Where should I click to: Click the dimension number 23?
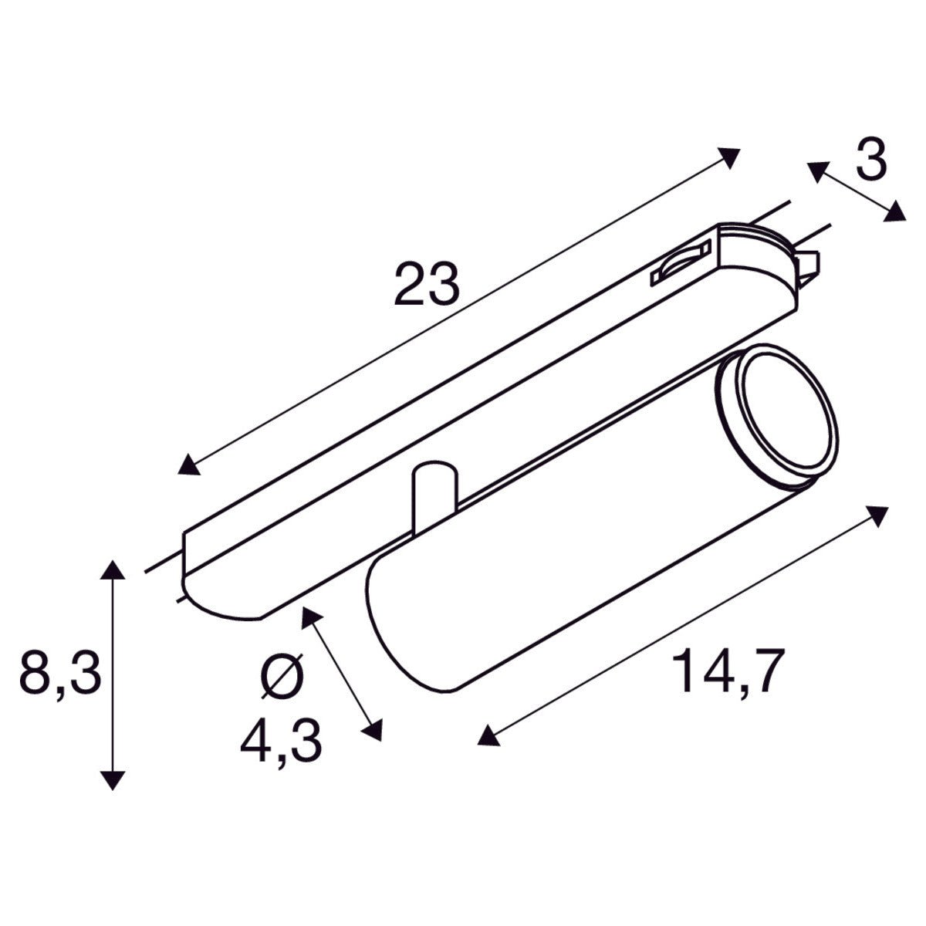click(x=427, y=283)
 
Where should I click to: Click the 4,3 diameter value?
click(x=281, y=742)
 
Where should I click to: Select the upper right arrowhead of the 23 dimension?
click(x=729, y=157)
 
